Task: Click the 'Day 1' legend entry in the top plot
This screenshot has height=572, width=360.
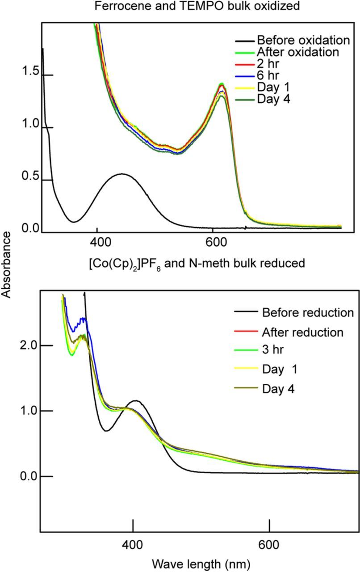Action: (x=273, y=87)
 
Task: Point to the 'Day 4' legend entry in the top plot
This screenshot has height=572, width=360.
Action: (x=273, y=99)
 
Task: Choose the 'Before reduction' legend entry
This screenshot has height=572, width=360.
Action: (x=308, y=312)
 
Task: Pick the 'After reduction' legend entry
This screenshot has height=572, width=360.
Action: (x=303, y=332)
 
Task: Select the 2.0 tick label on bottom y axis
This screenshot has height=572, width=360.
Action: (x=31, y=345)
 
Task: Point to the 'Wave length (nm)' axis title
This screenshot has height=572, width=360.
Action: (x=200, y=564)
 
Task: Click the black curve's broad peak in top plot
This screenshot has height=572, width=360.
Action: (x=121, y=174)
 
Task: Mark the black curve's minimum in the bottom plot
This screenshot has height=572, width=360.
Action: (x=107, y=431)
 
